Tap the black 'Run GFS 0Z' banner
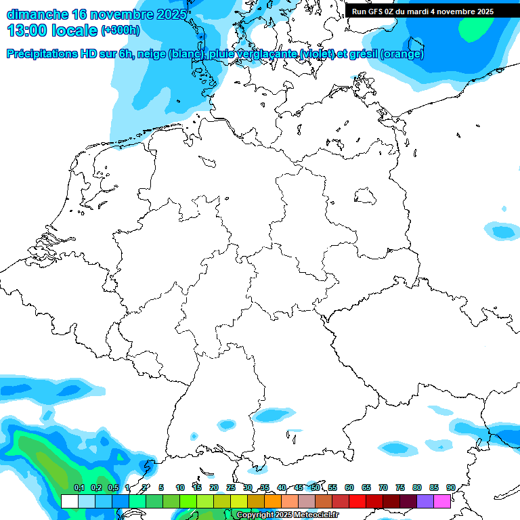tap(422, 12)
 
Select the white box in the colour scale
tap(70, 501)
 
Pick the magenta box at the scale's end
tap(442, 501)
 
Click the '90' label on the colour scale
tap(451, 487)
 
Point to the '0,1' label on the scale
tap(79, 487)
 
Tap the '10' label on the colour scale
tap(180, 487)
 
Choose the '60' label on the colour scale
tap(349, 487)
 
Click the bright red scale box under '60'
tap(357, 501)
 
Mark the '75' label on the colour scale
tap(400, 487)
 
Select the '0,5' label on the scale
tap(113, 487)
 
